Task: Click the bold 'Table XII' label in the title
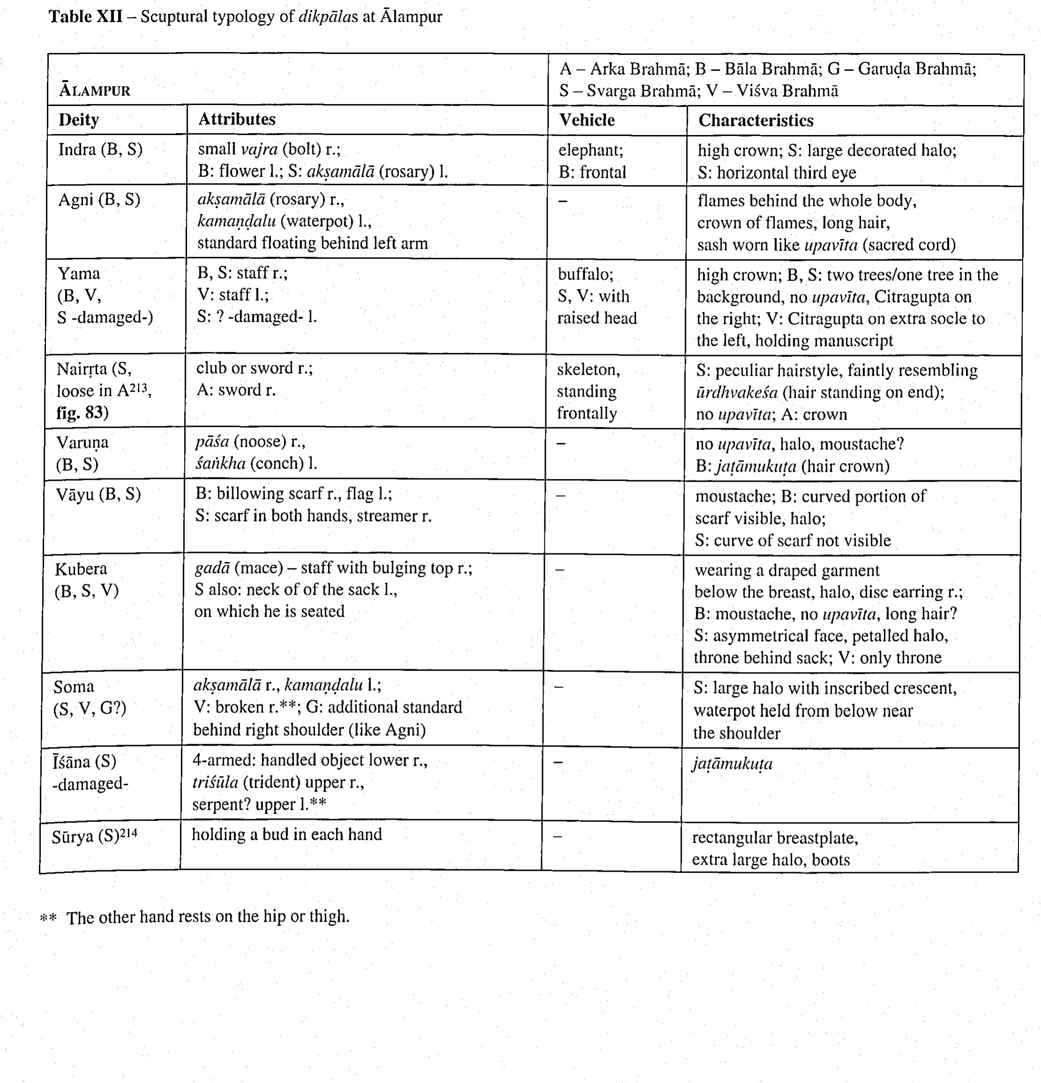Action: tap(86, 16)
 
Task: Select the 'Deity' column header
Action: tap(79, 120)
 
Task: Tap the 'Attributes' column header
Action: tap(237, 120)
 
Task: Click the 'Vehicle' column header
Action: tap(587, 120)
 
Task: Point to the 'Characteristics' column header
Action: tap(756, 120)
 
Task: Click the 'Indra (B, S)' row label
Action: tap(101, 150)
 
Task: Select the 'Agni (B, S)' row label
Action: tap(99, 200)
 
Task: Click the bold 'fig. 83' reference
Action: tap(82, 413)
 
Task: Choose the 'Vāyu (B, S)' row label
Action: tap(98, 494)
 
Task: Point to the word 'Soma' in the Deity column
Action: tap(74, 687)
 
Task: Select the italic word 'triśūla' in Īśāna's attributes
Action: tap(215, 783)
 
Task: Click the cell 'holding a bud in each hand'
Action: tap(287, 834)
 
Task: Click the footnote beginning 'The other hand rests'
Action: tap(208, 917)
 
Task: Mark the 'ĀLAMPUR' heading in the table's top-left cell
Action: tap(95, 90)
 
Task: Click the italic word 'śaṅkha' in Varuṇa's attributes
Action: tap(220, 463)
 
